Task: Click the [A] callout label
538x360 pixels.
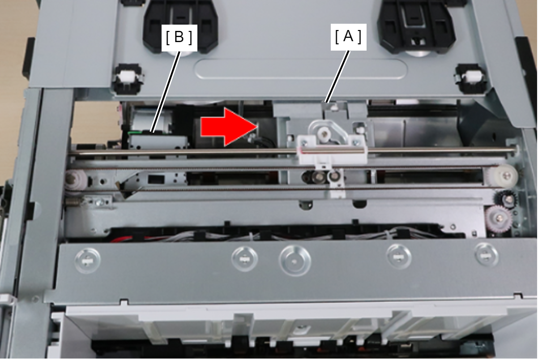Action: point(349,37)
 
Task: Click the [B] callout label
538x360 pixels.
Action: point(179,38)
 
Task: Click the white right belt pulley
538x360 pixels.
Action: point(501,177)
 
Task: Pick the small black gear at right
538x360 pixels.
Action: point(505,199)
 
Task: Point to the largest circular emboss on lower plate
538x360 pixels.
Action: point(295,261)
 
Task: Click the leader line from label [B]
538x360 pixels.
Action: point(166,92)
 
